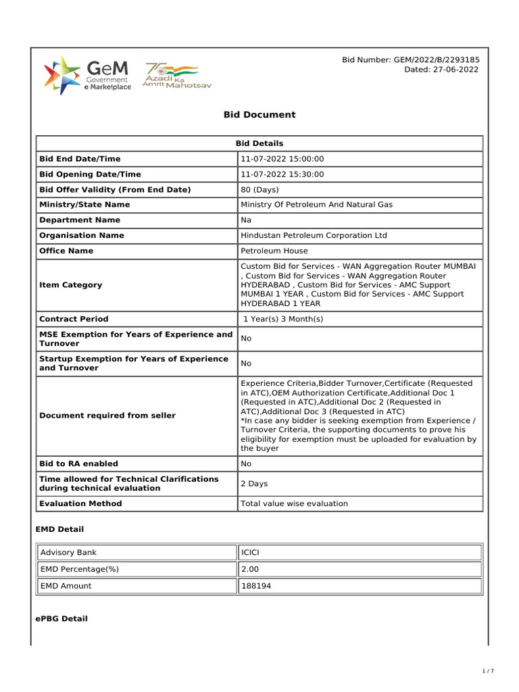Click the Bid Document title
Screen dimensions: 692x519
pyautogui.click(x=259, y=115)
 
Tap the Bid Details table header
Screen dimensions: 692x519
pyautogui.click(x=259, y=143)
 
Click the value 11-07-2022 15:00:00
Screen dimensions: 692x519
pyautogui.click(x=282, y=159)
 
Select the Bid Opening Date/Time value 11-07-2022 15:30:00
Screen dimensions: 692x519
pyautogui.click(x=282, y=174)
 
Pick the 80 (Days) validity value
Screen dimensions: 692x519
pyautogui.click(x=260, y=190)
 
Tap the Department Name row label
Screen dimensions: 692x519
pyautogui.click(x=80, y=220)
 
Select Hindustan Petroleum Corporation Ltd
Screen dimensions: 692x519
pyautogui.click(x=314, y=236)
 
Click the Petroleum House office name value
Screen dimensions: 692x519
pyautogui.click(x=274, y=251)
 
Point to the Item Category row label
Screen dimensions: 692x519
pyautogui.click(x=71, y=285)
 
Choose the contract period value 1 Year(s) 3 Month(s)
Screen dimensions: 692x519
pyautogui.click(x=283, y=319)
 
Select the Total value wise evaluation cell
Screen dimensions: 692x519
pyautogui.click(x=294, y=503)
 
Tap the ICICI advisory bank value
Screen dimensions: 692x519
pyautogui.click(x=250, y=553)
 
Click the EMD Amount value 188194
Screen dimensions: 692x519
pyautogui.click(x=256, y=586)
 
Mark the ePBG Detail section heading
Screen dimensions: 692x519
pyautogui.click(x=61, y=619)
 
